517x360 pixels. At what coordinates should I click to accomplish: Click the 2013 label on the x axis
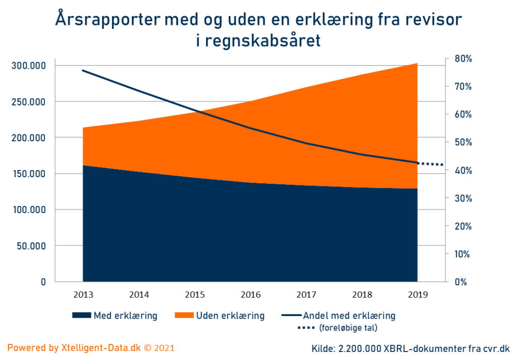83,295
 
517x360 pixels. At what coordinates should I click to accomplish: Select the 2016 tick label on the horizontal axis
250,295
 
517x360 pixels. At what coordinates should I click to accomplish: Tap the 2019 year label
417,295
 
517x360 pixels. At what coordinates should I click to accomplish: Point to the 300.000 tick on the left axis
28,66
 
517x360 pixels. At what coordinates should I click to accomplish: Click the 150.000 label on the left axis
28,174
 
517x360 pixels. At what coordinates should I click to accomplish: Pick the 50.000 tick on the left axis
31,246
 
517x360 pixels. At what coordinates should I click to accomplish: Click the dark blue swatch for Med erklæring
81,316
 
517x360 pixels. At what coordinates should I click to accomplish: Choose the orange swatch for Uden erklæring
184,316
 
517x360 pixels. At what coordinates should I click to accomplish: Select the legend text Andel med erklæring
349,316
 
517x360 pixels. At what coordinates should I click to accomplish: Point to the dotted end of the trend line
431,164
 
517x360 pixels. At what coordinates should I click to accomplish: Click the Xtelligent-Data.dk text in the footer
101,348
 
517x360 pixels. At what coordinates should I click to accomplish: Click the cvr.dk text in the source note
496,348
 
